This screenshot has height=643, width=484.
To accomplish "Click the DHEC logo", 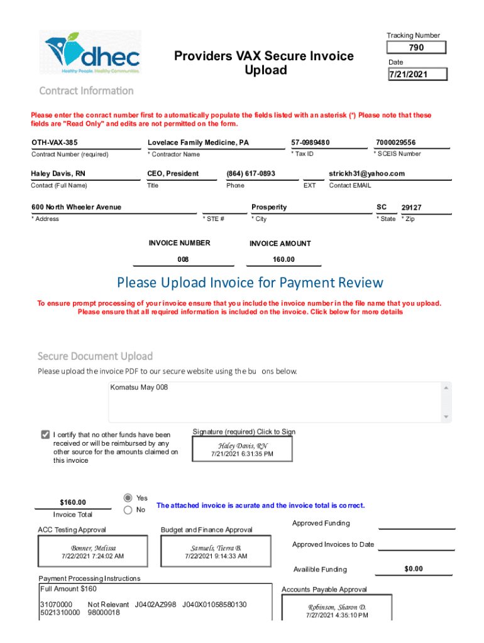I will point(93,53).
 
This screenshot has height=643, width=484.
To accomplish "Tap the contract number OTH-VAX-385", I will point(55,143).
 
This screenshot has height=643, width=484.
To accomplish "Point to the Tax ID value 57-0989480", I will point(311,143).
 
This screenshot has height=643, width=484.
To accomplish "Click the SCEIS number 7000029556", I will point(396,143).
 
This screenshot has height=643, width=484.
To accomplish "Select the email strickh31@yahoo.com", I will point(366,173).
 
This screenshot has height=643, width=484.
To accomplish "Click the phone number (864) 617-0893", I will point(251,173).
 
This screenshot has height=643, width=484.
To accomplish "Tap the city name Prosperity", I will point(269,207).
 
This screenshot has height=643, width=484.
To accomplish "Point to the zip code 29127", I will point(412,208).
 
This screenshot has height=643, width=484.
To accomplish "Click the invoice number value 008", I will point(183,259).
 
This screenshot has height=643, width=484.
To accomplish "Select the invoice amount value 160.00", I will point(283,259).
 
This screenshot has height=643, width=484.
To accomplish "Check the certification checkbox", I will point(45,435).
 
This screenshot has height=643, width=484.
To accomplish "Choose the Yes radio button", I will point(128,497).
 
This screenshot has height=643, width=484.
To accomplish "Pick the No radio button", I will point(128,511).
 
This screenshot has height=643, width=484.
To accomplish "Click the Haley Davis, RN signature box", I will point(242,450).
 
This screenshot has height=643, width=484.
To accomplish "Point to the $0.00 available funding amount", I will point(413,569).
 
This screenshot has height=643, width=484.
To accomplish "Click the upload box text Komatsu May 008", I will point(140,387).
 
